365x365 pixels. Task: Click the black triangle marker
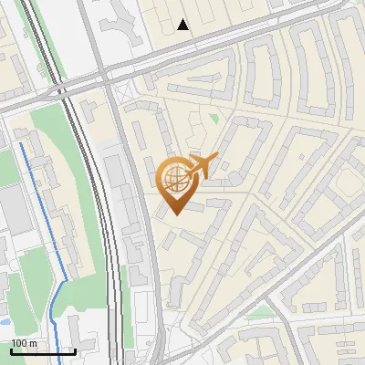point(183,25)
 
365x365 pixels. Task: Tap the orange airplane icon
point(201,167)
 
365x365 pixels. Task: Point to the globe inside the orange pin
point(174,179)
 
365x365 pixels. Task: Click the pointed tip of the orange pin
point(174,214)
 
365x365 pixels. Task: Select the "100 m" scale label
point(24,343)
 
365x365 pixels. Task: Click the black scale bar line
point(42,350)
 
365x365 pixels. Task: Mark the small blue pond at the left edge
point(3,322)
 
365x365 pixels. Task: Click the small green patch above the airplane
point(214,119)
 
